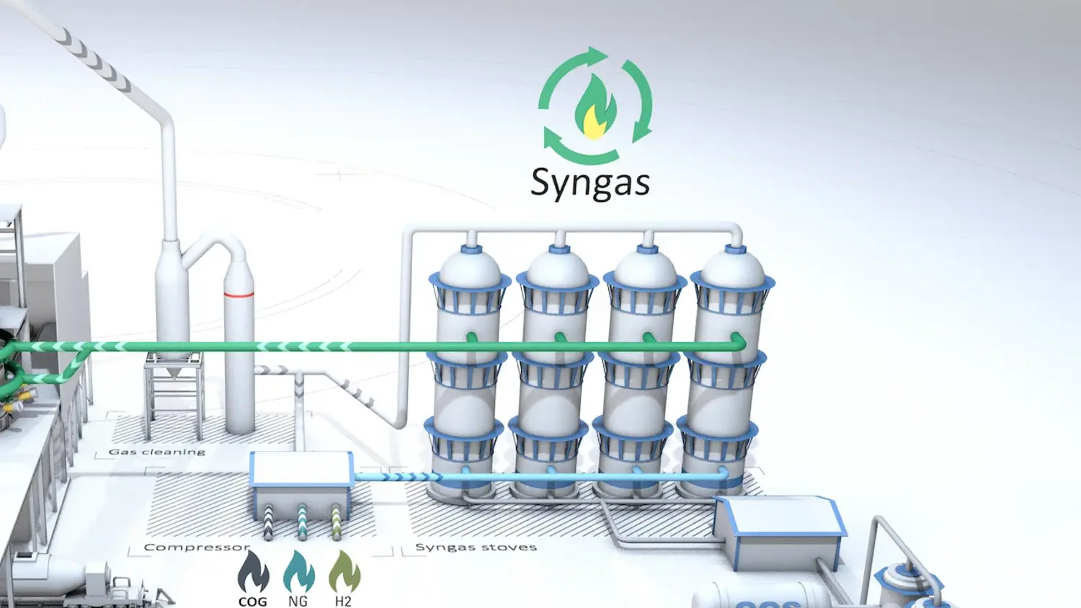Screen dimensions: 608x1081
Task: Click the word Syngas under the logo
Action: point(590,182)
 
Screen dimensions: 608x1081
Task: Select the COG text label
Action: point(252,602)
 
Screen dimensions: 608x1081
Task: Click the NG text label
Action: point(298,602)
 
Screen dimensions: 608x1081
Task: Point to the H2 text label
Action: point(343,602)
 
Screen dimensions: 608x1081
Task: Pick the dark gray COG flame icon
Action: point(253,572)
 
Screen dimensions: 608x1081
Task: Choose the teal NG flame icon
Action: point(298,572)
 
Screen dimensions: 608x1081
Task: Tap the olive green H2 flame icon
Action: point(344,572)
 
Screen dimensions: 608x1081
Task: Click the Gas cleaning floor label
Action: point(157,452)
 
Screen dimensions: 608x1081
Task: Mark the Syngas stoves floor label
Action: point(476,547)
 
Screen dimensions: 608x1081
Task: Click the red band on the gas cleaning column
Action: point(239,294)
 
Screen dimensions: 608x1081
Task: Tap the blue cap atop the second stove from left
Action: point(559,249)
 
